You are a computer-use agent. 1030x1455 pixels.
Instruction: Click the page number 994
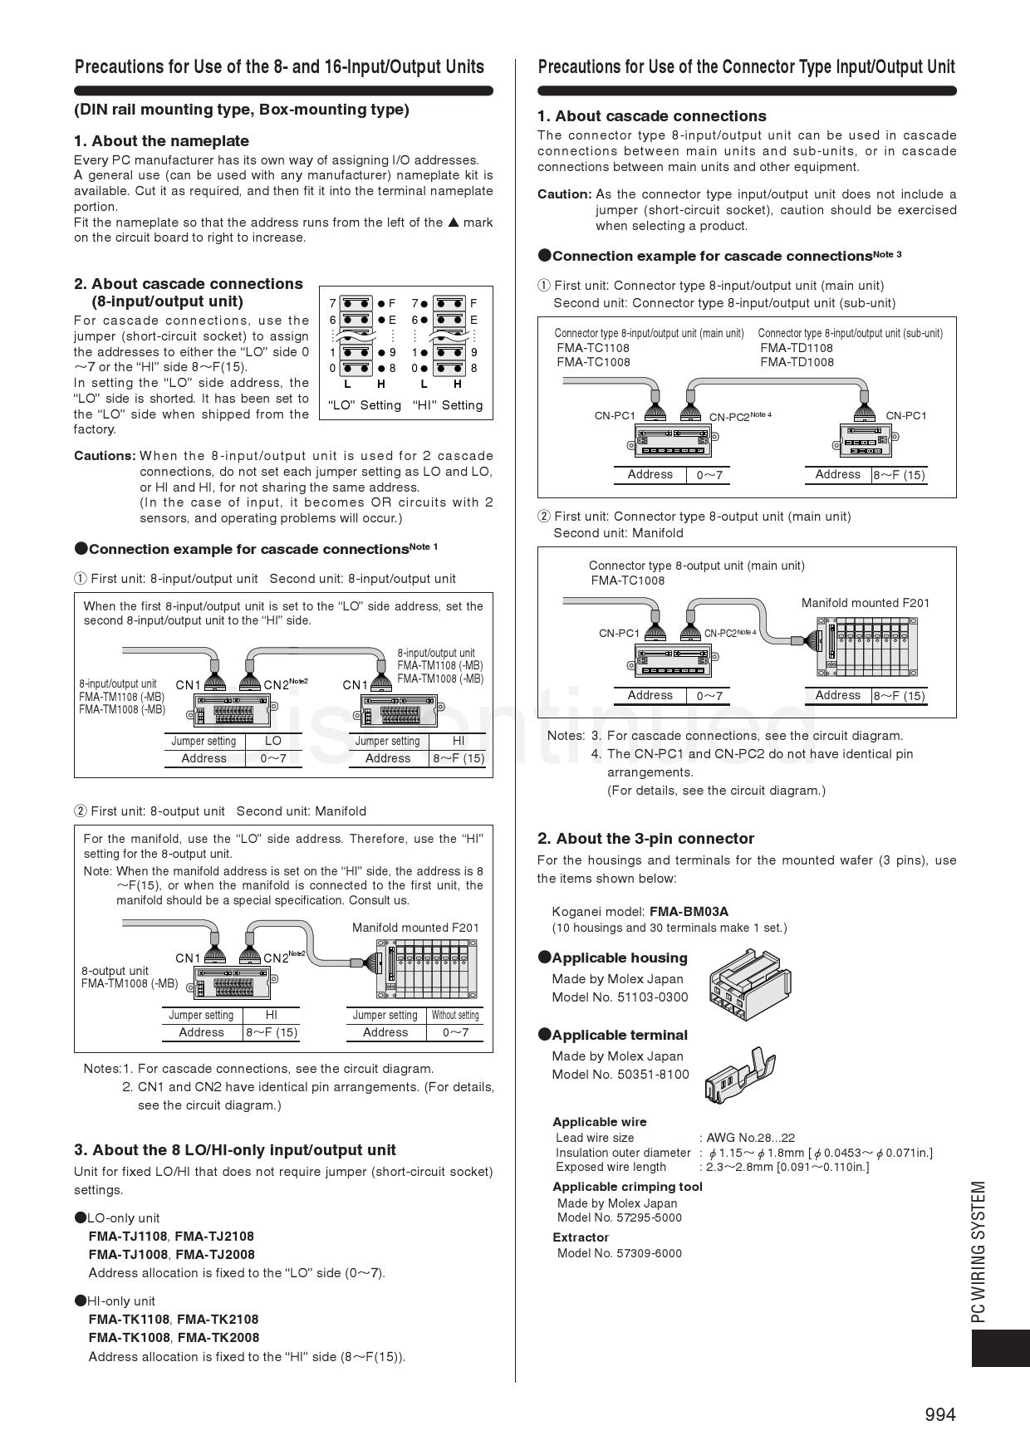point(939,1414)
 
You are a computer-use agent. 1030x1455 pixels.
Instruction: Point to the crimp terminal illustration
point(740,1074)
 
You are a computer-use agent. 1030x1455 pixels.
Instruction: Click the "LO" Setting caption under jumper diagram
point(365,405)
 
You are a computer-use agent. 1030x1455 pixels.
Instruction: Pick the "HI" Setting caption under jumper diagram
point(447,405)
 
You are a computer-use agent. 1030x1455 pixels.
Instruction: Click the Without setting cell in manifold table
point(455,1015)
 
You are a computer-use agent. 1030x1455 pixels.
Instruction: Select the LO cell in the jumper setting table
point(272,741)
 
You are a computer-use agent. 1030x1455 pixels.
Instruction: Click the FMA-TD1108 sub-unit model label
point(796,348)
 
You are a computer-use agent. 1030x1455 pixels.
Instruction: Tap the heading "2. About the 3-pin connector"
point(645,838)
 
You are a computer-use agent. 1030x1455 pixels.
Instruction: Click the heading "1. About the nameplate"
point(161,141)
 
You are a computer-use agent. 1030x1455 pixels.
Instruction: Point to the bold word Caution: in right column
point(564,194)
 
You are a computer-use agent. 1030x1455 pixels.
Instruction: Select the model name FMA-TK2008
point(218,1337)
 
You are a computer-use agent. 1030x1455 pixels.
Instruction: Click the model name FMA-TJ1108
point(128,1236)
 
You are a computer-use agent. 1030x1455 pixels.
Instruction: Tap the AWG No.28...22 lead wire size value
point(750,1138)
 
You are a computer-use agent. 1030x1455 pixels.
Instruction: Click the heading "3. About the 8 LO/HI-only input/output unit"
point(235,1150)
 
